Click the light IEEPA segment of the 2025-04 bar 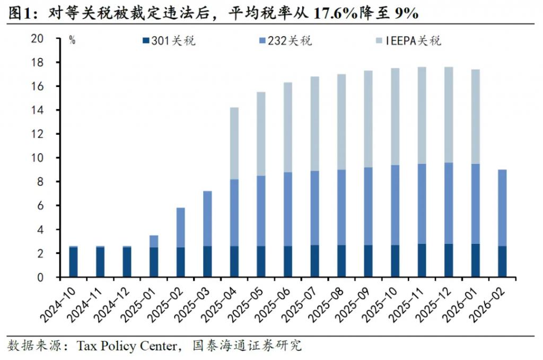(234, 143)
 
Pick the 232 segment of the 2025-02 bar (180, 227)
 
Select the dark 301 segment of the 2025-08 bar (341, 261)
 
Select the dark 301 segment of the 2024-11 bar (100, 262)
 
